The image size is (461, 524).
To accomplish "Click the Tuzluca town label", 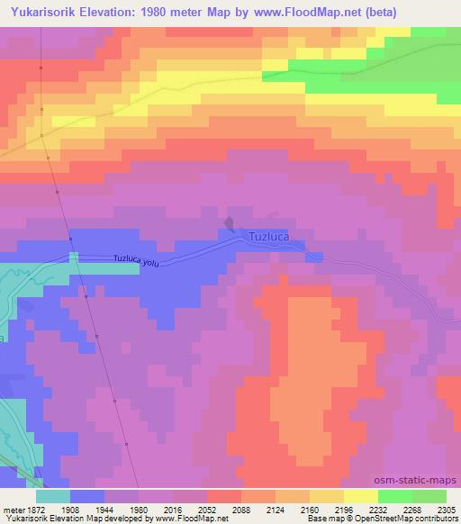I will (267, 237).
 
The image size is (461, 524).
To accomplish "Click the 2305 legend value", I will (445, 509).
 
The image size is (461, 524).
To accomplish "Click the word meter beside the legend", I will (13, 509).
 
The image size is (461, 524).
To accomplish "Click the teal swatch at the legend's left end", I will (53, 496).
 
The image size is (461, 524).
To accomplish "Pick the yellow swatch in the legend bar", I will (362, 496).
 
